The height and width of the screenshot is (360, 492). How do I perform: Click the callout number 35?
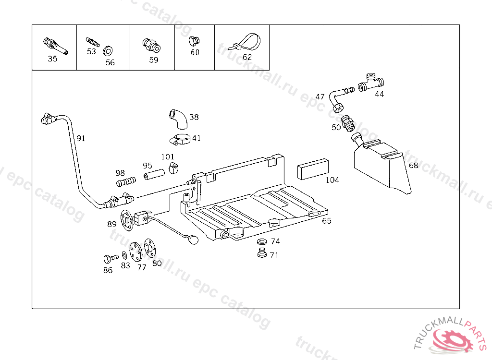click(52, 59)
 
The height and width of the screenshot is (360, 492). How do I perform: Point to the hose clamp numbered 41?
click(181, 140)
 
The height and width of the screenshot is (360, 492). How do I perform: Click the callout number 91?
click(81, 138)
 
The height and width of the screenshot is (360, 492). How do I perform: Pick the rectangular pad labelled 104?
click(313, 168)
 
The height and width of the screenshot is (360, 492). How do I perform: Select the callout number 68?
click(413, 165)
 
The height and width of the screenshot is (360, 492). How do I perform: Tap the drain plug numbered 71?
click(262, 253)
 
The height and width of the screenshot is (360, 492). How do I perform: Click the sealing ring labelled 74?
click(263, 241)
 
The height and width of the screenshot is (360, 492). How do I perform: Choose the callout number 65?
click(327, 221)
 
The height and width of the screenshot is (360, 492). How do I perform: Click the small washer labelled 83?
click(125, 255)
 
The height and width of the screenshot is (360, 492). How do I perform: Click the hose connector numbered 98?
click(126, 182)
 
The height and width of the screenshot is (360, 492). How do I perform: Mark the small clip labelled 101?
click(173, 168)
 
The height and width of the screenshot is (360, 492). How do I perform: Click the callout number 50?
click(336, 127)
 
